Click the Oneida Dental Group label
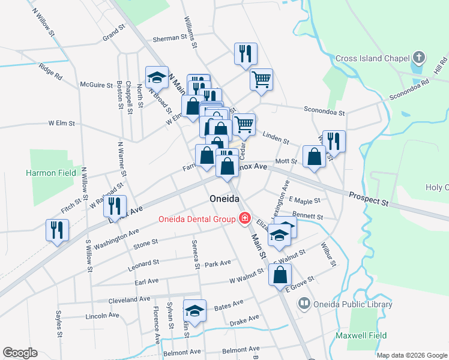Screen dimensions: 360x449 click(x=196, y=219)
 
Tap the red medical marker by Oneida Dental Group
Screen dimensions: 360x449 click(x=244, y=218)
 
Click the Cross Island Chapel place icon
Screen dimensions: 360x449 click(x=420, y=58)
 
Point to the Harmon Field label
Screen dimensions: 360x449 click(x=51, y=173)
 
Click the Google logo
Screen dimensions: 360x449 click(x=20, y=353)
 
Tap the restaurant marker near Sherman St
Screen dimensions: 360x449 click(x=246, y=54)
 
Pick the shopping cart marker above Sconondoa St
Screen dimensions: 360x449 click(x=261, y=79)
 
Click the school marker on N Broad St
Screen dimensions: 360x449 click(x=157, y=77)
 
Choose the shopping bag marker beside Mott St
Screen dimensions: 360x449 click(x=315, y=157)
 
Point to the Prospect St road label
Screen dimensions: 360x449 click(x=369, y=199)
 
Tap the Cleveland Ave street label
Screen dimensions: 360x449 click(x=129, y=299)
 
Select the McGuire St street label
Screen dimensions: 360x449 click(x=97, y=85)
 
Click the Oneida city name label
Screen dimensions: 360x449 click(x=224, y=199)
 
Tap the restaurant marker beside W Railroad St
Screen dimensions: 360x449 click(x=115, y=206)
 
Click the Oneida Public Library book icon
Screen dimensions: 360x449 click(x=305, y=304)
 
